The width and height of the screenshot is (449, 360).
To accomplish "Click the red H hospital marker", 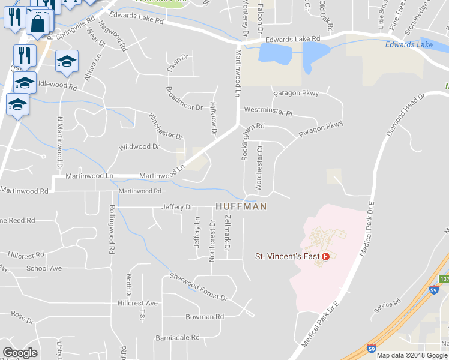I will tap(325, 257).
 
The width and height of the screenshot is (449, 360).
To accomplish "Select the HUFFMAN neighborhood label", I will tap(241, 206).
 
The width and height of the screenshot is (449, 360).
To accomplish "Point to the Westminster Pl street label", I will tap(267, 112).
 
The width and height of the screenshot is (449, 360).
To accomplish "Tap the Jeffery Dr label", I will tap(177, 207).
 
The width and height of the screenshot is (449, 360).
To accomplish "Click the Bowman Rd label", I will tap(204, 316).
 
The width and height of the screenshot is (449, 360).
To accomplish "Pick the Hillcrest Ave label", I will tap(137, 303).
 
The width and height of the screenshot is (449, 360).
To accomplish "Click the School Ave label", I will tap(44, 268).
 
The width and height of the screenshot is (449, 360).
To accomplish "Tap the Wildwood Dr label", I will tap(139, 146).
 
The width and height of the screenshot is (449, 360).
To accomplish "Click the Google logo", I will tap(20, 353).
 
